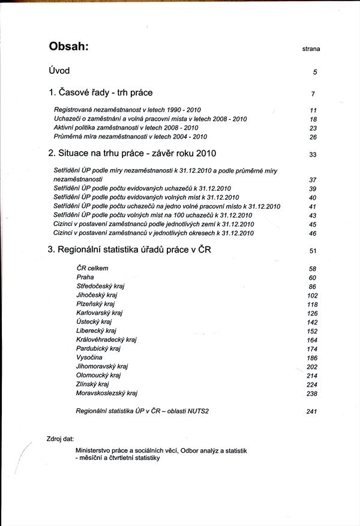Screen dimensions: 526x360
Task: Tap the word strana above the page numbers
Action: (310, 49)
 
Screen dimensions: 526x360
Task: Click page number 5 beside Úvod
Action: (314, 73)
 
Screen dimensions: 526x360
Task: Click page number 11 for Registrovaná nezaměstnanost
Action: (313, 111)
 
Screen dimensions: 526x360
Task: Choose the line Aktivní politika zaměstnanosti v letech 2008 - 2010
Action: (126, 128)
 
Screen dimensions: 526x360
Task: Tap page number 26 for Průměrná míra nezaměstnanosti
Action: (313, 137)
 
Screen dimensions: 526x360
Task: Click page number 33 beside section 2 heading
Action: (313, 155)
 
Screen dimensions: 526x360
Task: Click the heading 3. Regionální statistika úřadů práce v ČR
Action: (131, 250)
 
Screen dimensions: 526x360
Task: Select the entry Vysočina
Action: (89, 357)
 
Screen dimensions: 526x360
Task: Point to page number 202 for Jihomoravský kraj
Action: (311, 367)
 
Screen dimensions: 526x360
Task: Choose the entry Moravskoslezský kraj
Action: (107, 393)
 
